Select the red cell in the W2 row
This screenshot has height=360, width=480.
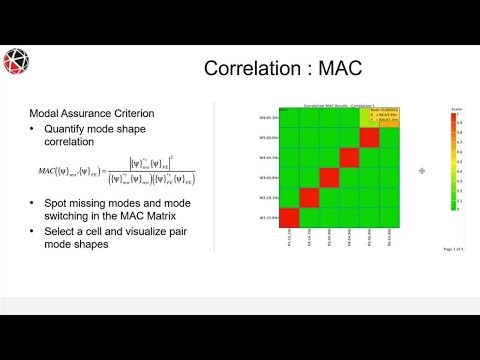pos(310,198)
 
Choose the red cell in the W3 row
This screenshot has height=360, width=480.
pos(331,177)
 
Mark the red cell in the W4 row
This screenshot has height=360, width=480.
pos(350,157)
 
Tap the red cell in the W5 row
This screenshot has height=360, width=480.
pos(371,137)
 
